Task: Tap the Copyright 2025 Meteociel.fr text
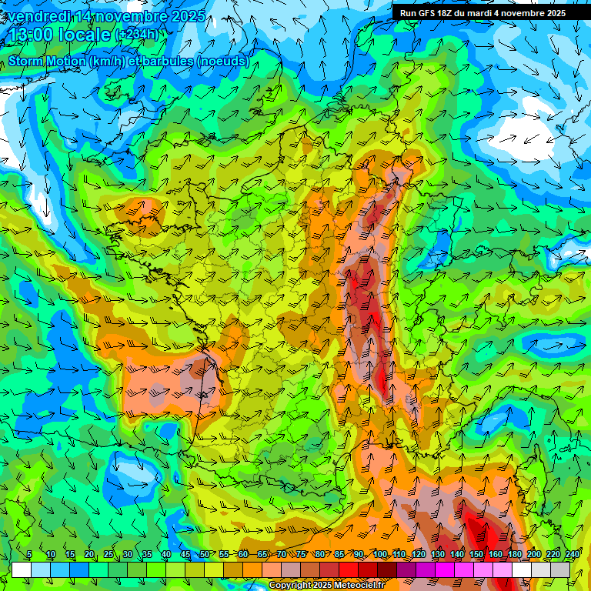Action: tap(326, 586)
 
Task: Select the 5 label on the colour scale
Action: tap(29, 555)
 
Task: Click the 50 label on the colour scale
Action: tap(204, 555)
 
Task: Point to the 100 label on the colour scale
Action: tap(380, 555)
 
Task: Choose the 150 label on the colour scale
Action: tap(476, 555)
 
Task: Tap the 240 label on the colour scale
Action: tap(572, 555)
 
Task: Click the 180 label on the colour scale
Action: tap(515, 555)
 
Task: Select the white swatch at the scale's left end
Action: tap(22, 569)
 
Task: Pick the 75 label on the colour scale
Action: tap(302, 555)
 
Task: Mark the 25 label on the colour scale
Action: tap(109, 555)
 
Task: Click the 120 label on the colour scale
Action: tap(419, 555)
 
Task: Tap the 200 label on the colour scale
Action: tap(534, 555)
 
